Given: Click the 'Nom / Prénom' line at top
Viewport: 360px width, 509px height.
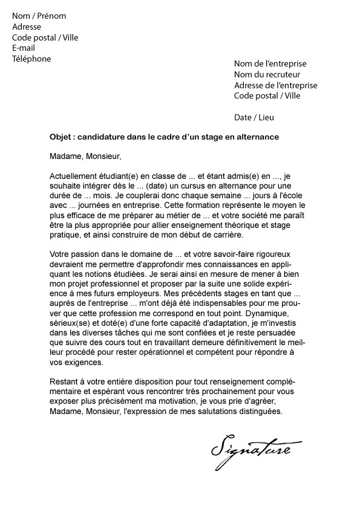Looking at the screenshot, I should pos(39,16).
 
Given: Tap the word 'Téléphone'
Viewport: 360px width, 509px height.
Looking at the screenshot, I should pos(31,59).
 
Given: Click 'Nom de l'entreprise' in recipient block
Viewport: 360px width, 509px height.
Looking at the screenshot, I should pos(270,63).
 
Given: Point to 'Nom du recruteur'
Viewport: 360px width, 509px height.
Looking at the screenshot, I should pos(265,74).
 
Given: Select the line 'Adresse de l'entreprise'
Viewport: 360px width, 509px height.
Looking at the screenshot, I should pos(275,85).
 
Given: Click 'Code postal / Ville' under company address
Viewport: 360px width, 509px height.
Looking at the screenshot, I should pos(267,96).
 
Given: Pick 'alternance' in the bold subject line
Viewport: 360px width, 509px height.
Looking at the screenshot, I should pos(259,137).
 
